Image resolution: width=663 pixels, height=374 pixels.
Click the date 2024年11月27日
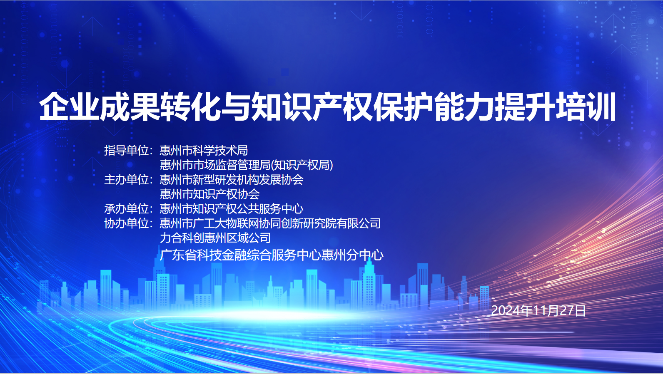[538, 310]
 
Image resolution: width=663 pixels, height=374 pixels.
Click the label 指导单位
[126, 151]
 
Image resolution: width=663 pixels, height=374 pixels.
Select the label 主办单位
[126, 179]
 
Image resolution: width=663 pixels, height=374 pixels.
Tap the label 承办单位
[126, 209]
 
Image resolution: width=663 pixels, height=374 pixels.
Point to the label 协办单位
[126, 223]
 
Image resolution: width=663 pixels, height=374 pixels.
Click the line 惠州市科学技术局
[204, 151]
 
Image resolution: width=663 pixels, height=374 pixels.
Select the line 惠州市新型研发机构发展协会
[232, 179]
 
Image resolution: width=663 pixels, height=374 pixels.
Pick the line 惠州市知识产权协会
[209, 194]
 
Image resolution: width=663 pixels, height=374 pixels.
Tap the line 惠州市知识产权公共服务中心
[232, 209]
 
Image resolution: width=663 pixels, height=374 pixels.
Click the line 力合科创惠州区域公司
[215, 238]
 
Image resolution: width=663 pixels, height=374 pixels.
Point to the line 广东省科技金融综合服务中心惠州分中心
[272, 255]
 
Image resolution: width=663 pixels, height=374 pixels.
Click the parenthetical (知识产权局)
[302, 165]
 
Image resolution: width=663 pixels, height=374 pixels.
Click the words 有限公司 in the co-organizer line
[359, 223]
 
